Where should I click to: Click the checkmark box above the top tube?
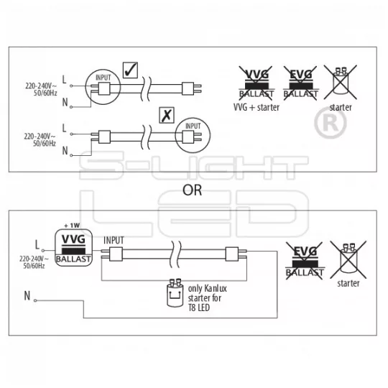click(130, 70)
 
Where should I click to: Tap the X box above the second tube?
click(167, 115)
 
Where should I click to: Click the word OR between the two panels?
click(193, 190)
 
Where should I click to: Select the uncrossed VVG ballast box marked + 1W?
click(73, 248)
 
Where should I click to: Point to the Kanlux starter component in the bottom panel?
click(175, 292)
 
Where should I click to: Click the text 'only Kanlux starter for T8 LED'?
click(208, 298)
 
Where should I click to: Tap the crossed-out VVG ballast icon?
click(257, 83)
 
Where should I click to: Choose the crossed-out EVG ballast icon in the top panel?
click(301, 83)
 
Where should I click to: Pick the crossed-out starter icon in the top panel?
click(341, 83)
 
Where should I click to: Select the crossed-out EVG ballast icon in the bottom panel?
click(305, 261)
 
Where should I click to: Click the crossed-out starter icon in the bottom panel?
click(348, 259)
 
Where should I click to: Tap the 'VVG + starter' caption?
click(257, 107)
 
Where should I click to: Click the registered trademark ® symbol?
click(331, 123)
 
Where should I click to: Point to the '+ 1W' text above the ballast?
click(72, 226)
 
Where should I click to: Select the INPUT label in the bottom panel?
click(114, 240)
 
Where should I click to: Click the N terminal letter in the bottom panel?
click(27, 296)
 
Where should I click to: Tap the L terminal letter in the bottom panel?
click(37, 245)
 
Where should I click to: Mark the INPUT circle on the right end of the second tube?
click(193, 135)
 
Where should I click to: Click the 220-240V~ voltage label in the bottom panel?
click(34, 259)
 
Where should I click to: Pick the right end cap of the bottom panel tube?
click(232, 254)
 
